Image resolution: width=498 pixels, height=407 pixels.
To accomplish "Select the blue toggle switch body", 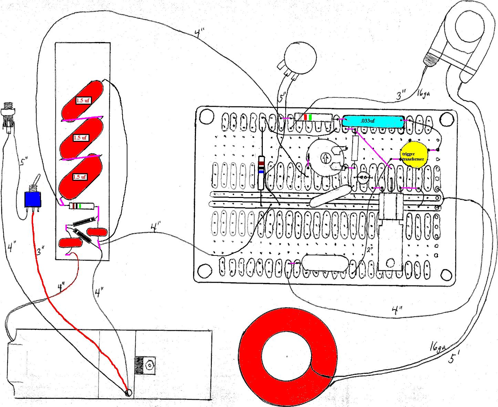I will point(33,199).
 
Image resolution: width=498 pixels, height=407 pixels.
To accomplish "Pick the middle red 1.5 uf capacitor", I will point(81,138).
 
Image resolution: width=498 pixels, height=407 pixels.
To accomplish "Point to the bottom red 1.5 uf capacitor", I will point(80,177).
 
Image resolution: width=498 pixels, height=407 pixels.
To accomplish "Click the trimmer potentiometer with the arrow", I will point(325,158).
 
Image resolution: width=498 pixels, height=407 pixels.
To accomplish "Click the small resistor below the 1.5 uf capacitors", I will point(82,206).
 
